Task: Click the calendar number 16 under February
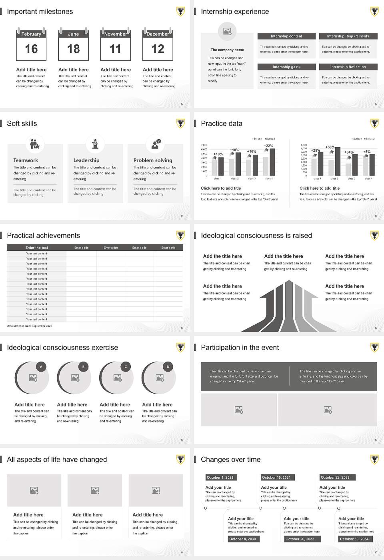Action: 31,49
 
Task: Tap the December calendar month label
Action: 158,34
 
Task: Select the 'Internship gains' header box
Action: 286,67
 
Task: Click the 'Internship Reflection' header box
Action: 348,67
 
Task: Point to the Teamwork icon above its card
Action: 35,144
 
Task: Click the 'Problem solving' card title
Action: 153,160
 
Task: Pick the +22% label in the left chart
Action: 268,146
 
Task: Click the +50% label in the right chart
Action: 330,147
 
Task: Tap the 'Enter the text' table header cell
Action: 37,248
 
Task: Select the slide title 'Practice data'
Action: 222,124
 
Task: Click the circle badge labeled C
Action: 126,366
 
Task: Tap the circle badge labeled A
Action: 41,366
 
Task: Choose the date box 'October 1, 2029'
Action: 220,477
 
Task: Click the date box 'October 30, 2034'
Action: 354,539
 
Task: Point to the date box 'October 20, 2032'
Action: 300,539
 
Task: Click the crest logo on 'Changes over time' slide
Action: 374,459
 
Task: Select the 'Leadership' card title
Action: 86,160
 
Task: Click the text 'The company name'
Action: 227,50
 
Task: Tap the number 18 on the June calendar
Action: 73,49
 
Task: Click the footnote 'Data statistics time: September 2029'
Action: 30,326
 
